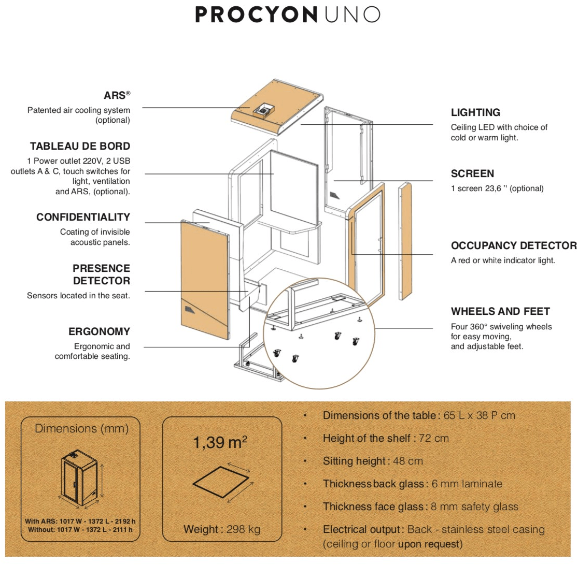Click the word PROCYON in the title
click(x=255, y=15)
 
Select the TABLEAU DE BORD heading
click(x=80, y=146)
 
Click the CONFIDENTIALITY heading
click(x=83, y=217)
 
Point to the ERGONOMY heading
click(x=98, y=331)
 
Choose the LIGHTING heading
click(x=475, y=112)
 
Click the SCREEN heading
click(x=472, y=173)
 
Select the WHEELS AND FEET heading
click(x=500, y=311)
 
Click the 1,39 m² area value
click(x=220, y=443)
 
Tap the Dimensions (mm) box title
click(x=81, y=429)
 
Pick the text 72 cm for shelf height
click(x=434, y=438)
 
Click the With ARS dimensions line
click(x=80, y=521)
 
